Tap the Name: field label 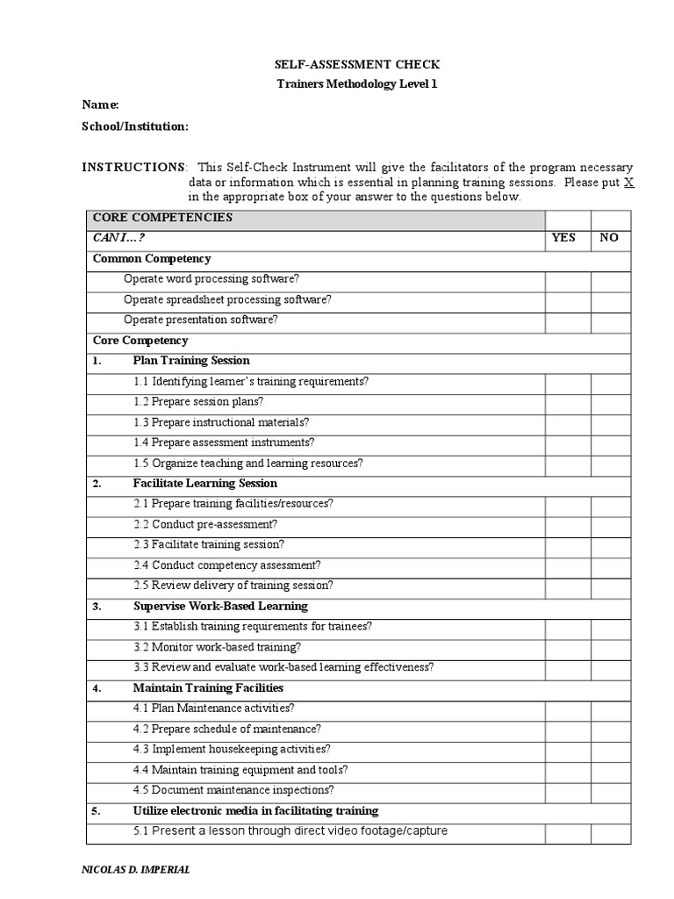[x=100, y=105]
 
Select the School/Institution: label [x=135, y=126]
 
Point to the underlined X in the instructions [x=627, y=183]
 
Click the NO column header [x=610, y=238]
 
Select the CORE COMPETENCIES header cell [x=162, y=218]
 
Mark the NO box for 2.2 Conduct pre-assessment [x=610, y=525]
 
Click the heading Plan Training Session [x=191, y=361]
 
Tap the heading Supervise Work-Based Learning [x=219, y=607]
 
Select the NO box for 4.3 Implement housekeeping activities [x=610, y=750]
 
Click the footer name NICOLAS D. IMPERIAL [x=134, y=870]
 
